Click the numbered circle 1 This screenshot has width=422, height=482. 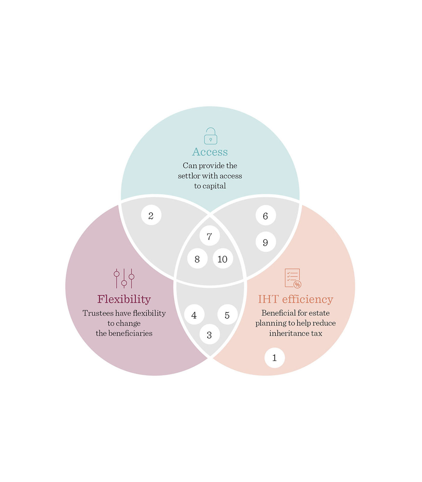pos(275,358)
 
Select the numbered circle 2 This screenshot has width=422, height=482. pos(151,215)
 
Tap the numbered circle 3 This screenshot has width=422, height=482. pos(209,334)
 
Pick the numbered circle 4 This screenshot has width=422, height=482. pos(194,315)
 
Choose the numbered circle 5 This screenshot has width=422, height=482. pos(227,315)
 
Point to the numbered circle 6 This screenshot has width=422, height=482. pos(266,215)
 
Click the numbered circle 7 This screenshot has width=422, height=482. pos(209,236)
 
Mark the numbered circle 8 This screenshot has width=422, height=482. pos(197,258)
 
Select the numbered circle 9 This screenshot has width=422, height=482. pos(266,242)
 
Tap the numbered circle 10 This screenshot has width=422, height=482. pos(223,258)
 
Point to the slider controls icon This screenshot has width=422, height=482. pos(124,278)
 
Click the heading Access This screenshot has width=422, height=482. pos(210,152)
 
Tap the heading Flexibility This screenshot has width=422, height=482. pos(124,299)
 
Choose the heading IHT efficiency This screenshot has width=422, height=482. pos(295,299)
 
